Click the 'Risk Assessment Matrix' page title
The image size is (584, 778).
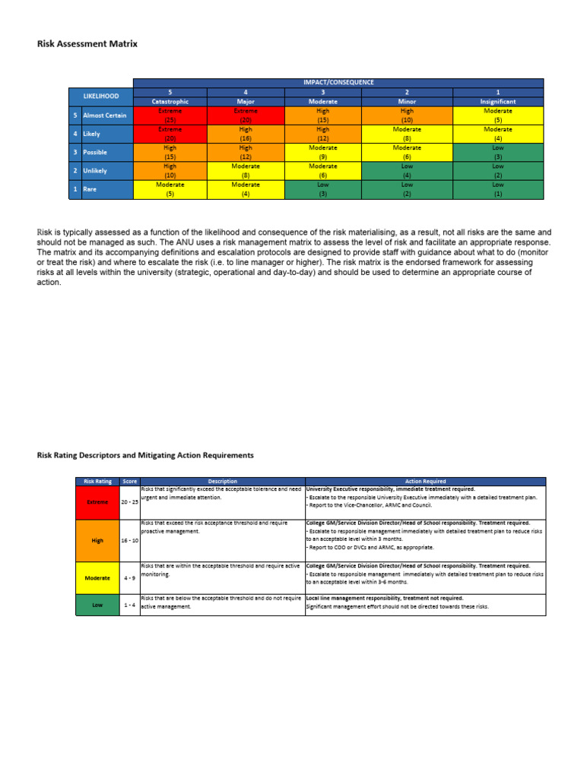(87, 44)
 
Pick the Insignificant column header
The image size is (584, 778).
(497, 101)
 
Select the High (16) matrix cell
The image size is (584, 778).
(246, 134)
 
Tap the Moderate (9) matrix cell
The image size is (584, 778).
(322, 152)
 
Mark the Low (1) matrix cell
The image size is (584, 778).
(497, 188)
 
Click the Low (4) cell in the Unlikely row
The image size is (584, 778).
(407, 170)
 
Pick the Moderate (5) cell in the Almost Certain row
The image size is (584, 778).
(497, 115)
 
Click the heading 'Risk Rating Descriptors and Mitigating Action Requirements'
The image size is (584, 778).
(145, 455)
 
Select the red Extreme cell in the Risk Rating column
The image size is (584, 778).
(97, 502)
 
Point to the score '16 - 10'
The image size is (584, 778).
(129, 539)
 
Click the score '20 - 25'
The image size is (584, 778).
(129, 502)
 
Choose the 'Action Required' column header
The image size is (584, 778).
(425, 481)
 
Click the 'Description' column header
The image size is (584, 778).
(222, 481)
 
